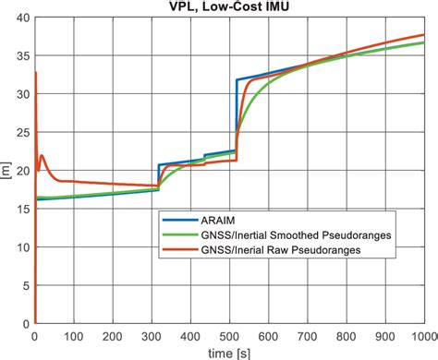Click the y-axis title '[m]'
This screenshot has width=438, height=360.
tap(6, 171)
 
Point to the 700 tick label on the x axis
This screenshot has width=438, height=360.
tap(307, 336)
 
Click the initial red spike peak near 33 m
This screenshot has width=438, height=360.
tap(35, 72)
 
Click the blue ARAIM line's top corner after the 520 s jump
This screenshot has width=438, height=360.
tap(237, 80)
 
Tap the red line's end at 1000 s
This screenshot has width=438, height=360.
tap(424, 35)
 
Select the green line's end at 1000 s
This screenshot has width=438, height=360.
tap(424, 42)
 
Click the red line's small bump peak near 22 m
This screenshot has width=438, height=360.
tap(42, 155)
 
